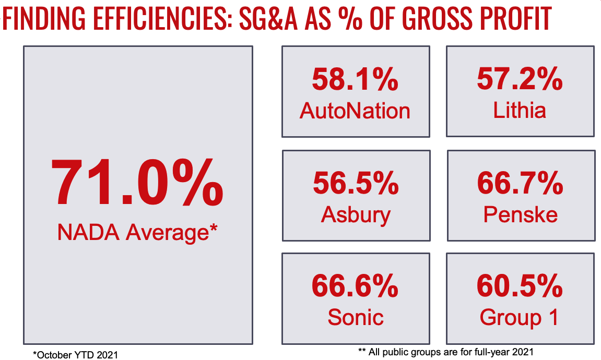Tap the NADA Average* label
pos(137,232)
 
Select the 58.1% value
pos(355,80)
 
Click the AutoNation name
pos(355,111)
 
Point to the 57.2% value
pos(520,80)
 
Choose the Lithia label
pos(520,111)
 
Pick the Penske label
pos(521,214)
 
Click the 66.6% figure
pos(355,286)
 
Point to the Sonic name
pos(355,317)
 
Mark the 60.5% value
pos(520,286)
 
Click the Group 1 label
pos(520,317)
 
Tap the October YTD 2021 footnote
pos(75,355)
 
